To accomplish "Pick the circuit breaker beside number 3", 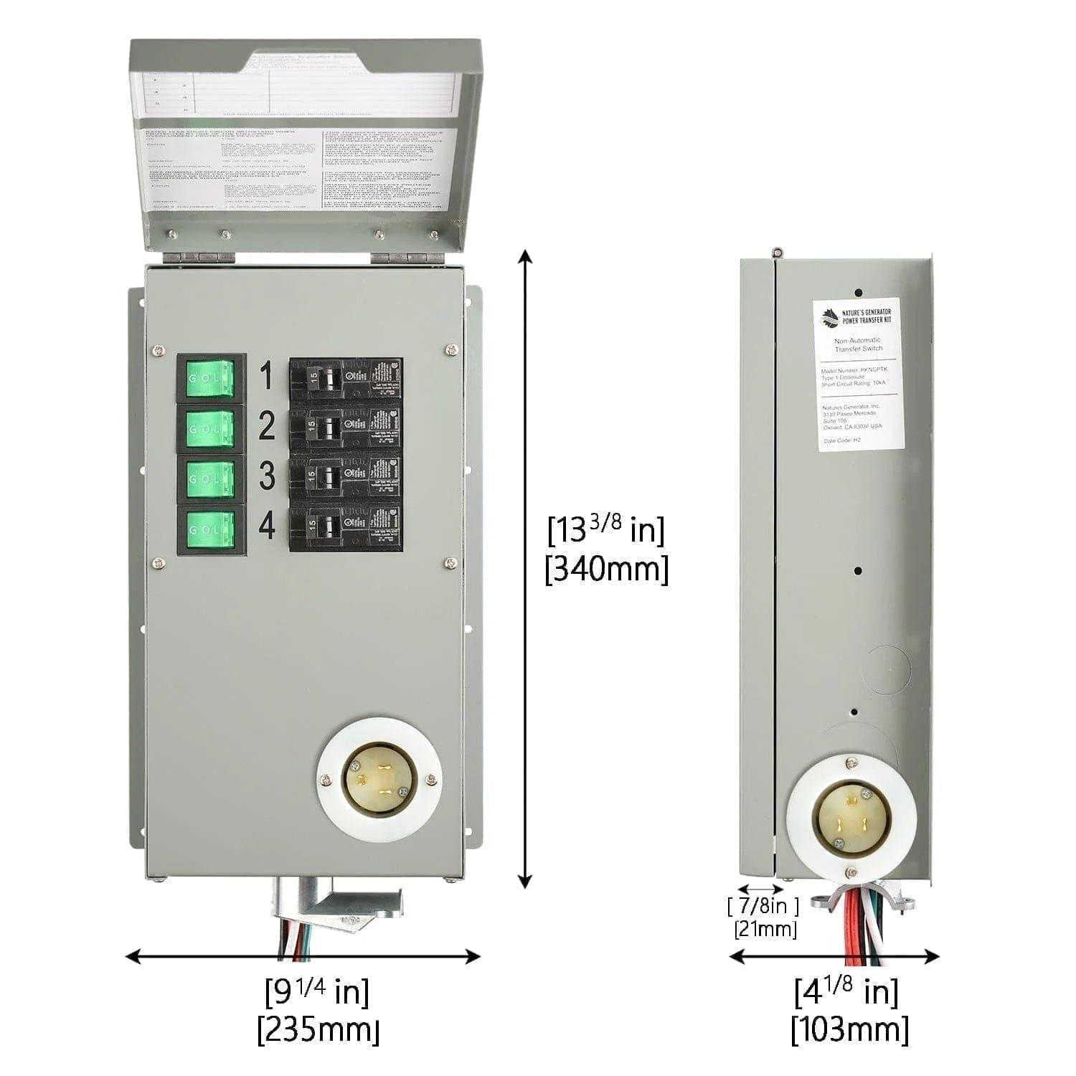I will pos(346,479).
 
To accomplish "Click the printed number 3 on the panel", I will pos(267,476).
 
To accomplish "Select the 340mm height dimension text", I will pos(606,570).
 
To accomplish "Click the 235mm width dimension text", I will pos(318,1030).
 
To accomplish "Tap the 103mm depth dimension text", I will pos(849,1030).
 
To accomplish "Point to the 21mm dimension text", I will pos(765,930).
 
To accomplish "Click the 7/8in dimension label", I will pos(763,906).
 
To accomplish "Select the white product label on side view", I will pos(860,375).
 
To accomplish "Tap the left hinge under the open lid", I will pos(198,255).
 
